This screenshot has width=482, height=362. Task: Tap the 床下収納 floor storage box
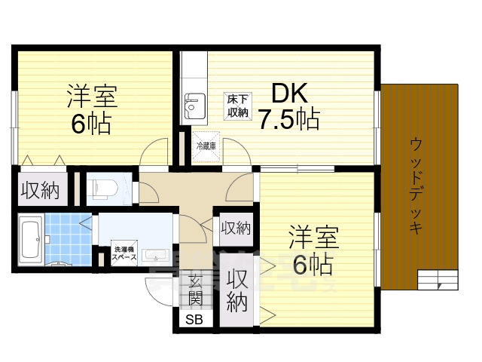(x=239, y=106)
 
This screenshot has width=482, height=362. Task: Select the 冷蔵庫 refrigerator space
(x=206, y=146)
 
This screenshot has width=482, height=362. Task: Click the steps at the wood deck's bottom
(x=437, y=281)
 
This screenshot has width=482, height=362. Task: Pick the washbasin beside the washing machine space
(x=157, y=255)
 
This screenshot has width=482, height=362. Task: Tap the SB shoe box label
(x=195, y=319)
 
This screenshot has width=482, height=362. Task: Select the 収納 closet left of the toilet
(x=39, y=190)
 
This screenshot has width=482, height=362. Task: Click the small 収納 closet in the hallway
(x=235, y=225)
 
